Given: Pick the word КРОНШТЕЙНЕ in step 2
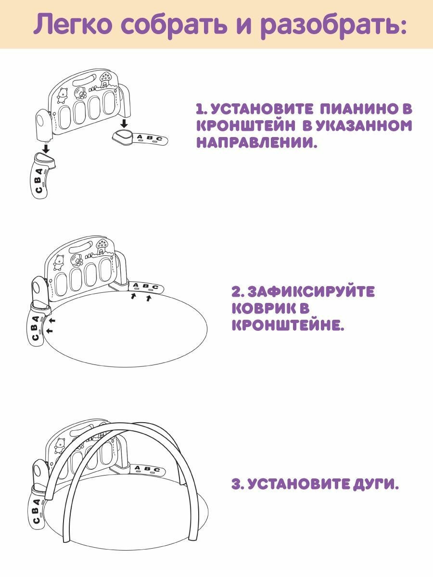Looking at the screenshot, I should point(288,326).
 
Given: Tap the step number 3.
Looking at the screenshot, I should point(236,484).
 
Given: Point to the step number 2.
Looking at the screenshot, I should point(237,292).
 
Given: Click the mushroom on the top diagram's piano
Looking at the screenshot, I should point(105,77).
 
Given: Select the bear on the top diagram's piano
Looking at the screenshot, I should point(62,95).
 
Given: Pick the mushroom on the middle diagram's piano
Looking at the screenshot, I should point(102,246).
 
